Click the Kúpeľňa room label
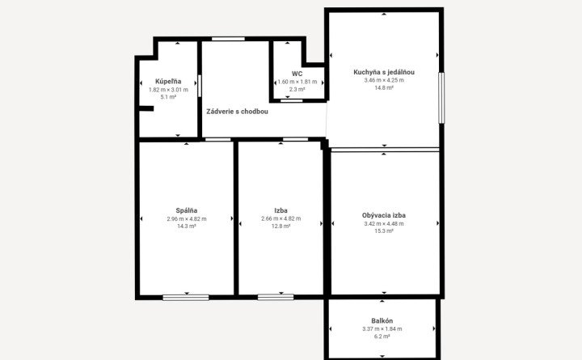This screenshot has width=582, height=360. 168,82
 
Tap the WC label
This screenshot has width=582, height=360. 297,74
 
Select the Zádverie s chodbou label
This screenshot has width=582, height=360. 237,112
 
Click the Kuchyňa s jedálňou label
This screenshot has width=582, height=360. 384,72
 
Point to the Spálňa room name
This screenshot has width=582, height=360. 187,210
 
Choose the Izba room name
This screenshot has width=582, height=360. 280,210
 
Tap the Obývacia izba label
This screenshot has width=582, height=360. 384,215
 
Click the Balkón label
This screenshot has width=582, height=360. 382,320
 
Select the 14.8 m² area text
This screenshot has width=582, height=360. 384,87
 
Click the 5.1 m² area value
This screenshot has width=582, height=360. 168,97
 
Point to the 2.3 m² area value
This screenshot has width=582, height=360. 297,89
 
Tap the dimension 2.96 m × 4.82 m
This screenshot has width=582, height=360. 187,218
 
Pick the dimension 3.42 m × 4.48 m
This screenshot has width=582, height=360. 384,223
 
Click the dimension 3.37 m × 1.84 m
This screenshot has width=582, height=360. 382,328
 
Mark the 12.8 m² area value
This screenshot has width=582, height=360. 280,226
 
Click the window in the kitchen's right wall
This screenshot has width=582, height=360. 441,98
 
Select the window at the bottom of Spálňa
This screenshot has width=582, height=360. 186,298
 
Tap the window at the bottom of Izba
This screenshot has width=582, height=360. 276,297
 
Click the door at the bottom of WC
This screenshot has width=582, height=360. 291,100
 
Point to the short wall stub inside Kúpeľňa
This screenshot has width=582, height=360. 146,108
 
